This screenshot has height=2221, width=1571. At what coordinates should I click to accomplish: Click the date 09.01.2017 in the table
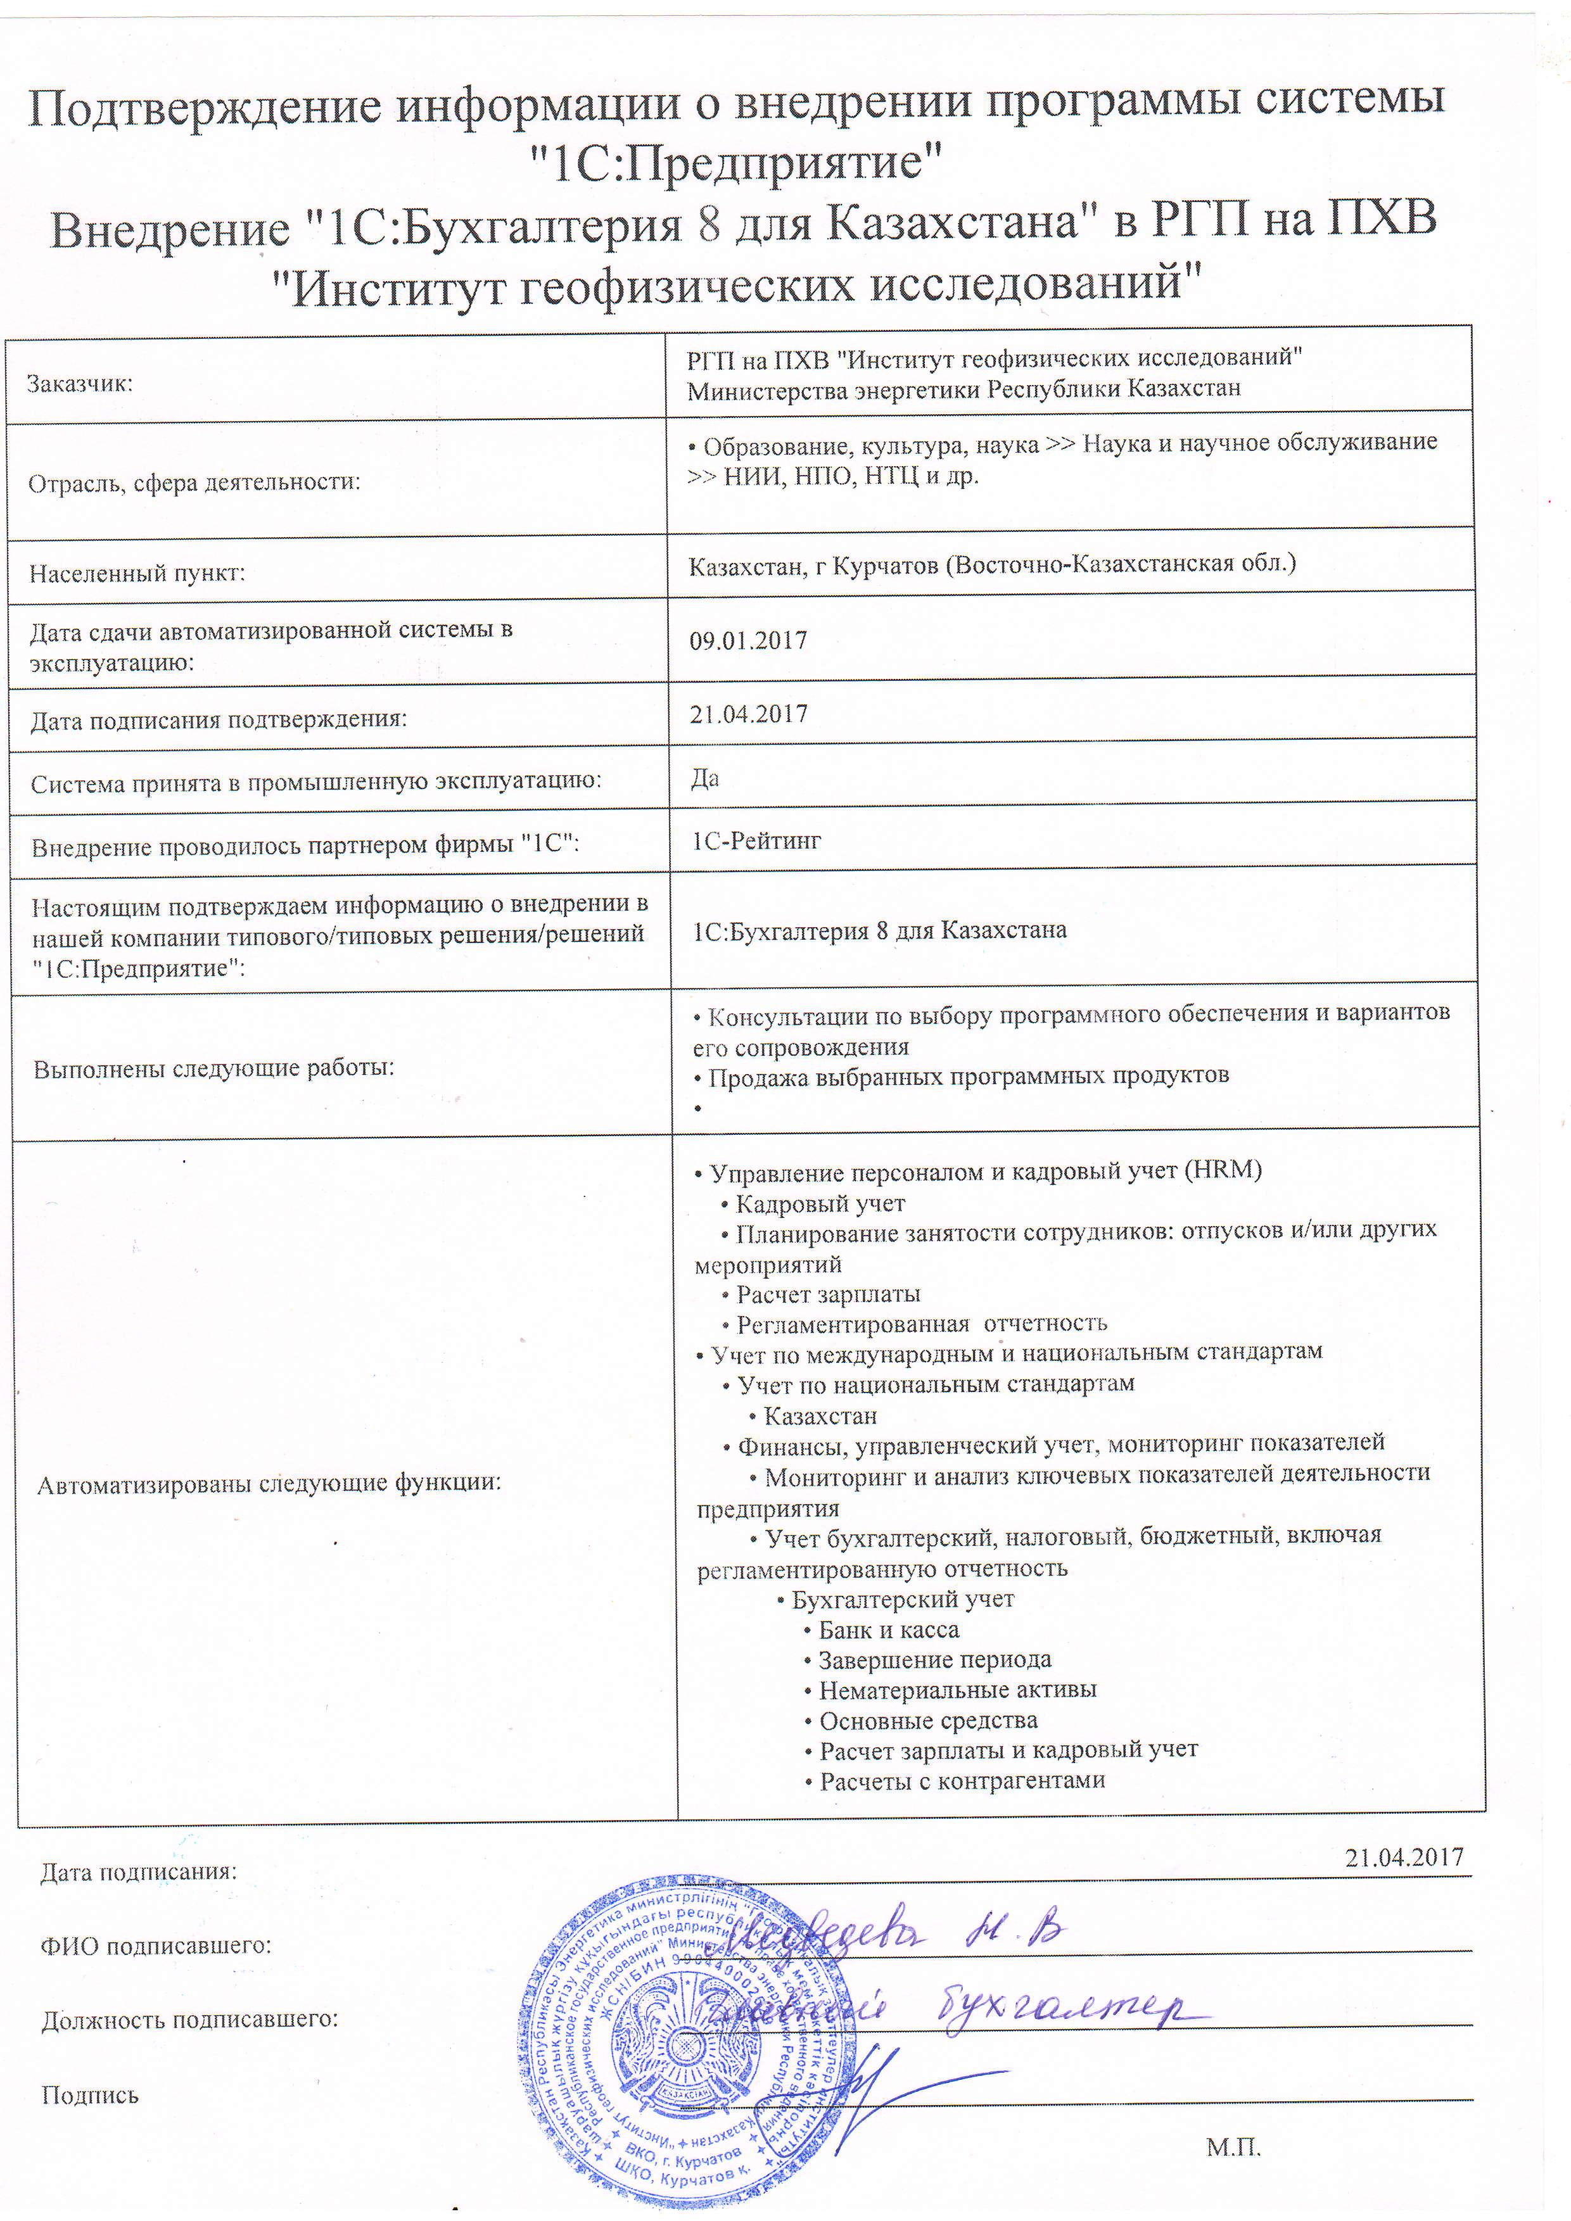pyautogui.click(x=747, y=640)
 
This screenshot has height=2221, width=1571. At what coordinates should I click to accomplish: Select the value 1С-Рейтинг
pyautogui.click(x=756, y=840)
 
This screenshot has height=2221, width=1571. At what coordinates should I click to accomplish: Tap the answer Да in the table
pyautogui.click(x=704, y=779)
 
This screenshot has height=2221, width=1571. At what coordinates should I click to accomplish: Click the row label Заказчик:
pyautogui.click(x=79, y=384)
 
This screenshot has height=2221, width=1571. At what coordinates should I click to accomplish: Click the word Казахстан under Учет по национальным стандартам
pyautogui.click(x=820, y=1416)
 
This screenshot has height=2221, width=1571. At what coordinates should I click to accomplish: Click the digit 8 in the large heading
pyautogui.click(x=709, y=224)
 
